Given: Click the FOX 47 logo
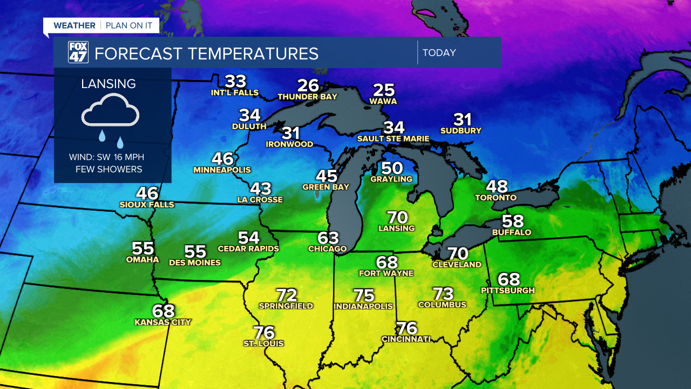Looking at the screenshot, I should coord(78,52).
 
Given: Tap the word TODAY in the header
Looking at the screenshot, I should coord(439,53).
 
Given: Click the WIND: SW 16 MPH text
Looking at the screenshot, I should coord(106,158).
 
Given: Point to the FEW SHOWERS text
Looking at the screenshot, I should coord(109,170).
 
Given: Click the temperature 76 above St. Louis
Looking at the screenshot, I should coord(264,332).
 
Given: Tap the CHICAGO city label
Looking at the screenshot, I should coord(327,249).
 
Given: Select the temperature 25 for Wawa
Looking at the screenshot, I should coord(384,90).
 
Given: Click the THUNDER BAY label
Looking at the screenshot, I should coord(307,97).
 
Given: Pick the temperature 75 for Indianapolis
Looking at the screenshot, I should coord(364,296).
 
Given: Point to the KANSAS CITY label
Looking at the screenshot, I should coord(163,323).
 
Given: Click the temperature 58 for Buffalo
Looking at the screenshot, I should coord(512,222).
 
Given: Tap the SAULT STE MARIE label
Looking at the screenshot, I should coord(394,139).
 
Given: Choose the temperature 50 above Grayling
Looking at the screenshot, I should coord(392,168).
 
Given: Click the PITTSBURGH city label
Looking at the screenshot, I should coord(507,291).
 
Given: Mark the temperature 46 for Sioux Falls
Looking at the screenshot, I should coord(147,193).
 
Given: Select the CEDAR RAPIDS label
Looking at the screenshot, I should coord(248,249).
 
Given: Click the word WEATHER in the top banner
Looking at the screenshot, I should coord(74,25).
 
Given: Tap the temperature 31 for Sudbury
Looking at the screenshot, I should coord(462,119).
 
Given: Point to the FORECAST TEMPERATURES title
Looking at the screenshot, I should coord(206,53).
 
